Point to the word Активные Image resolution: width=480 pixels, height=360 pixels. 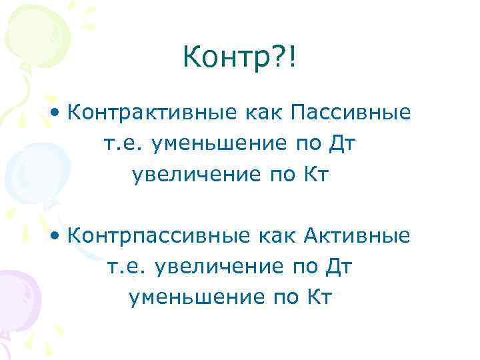(x=357, y=236)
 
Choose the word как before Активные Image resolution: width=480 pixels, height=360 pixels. (x=273, y=236)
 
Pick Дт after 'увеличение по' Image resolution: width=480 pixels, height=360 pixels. (x=339, y=267)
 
